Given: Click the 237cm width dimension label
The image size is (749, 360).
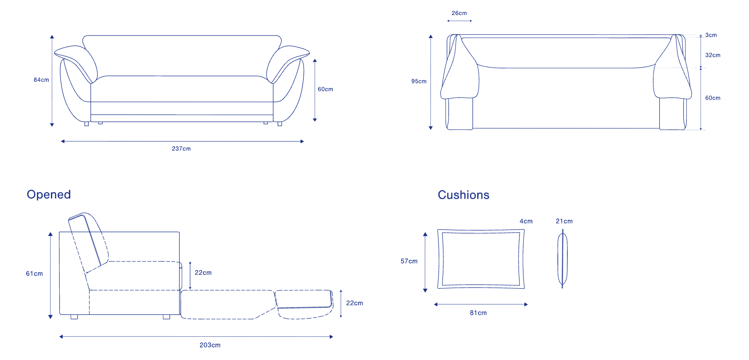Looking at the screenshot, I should coord(181,149).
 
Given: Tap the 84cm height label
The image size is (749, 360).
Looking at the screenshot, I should coord(41,80).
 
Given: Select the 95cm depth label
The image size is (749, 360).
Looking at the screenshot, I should coord(419,81).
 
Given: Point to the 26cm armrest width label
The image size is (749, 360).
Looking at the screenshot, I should coord(459,13).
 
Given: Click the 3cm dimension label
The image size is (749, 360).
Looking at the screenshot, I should coord(711,35).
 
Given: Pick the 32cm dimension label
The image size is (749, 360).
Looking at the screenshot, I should coord(713,55).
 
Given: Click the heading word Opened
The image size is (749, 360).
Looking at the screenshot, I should coord(49,195).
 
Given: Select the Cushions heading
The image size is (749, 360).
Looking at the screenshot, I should coord(463,195).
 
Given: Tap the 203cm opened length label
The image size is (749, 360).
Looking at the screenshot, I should coord(210,345).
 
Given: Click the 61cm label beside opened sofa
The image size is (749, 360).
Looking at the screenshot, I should coord(34,274).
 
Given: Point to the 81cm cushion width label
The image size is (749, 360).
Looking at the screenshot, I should coord(478,313).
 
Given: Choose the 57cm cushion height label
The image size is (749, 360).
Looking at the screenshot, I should coord(409,261).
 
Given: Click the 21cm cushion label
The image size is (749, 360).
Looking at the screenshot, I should coord(564,221).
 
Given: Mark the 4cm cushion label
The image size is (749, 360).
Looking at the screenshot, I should coord(526,221).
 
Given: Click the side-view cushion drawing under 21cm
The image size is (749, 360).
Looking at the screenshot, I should coord(562,259).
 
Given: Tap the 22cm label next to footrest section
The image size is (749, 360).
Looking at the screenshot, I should coord(354,303).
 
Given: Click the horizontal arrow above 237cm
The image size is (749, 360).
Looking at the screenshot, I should coord(182,142).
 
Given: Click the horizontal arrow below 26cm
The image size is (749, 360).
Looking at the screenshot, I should coord(459,21).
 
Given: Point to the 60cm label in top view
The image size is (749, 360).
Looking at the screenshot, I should coord(713,98).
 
